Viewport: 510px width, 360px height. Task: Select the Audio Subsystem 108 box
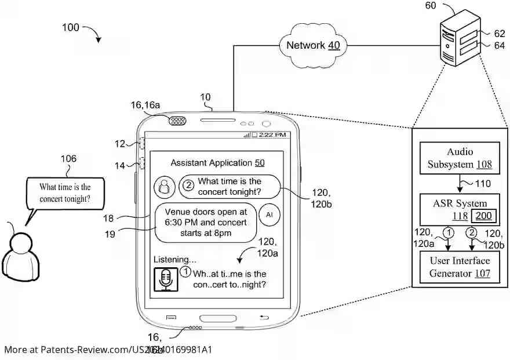pyautogui.click(x=460, y=158)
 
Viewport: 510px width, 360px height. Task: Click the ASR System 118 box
pyautogui.click(x=460, y=210)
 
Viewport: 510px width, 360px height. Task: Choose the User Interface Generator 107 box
pyautogui.click(x=460, y=267)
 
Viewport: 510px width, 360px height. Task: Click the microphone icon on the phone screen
pyautogui.click(x=166, y=279)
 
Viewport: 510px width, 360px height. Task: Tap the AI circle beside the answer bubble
pyautogui.click(x=269, y=214)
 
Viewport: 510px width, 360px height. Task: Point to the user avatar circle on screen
pyautogui.click(x=165, y=187)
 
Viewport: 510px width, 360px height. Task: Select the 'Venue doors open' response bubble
pyautogui.click(x=206, y=223)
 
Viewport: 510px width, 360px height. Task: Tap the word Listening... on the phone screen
pyautogui.click(x=174, y=259)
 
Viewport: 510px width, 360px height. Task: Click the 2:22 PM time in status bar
pyautogui.click(x=272, y=134)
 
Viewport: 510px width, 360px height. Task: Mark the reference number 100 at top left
pyautogui.click(x=70, y=27)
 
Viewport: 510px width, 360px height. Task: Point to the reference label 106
pyautogui.click(x=68, y=159)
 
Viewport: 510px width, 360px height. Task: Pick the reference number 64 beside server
pyautogui.click(x=500, y=45)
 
